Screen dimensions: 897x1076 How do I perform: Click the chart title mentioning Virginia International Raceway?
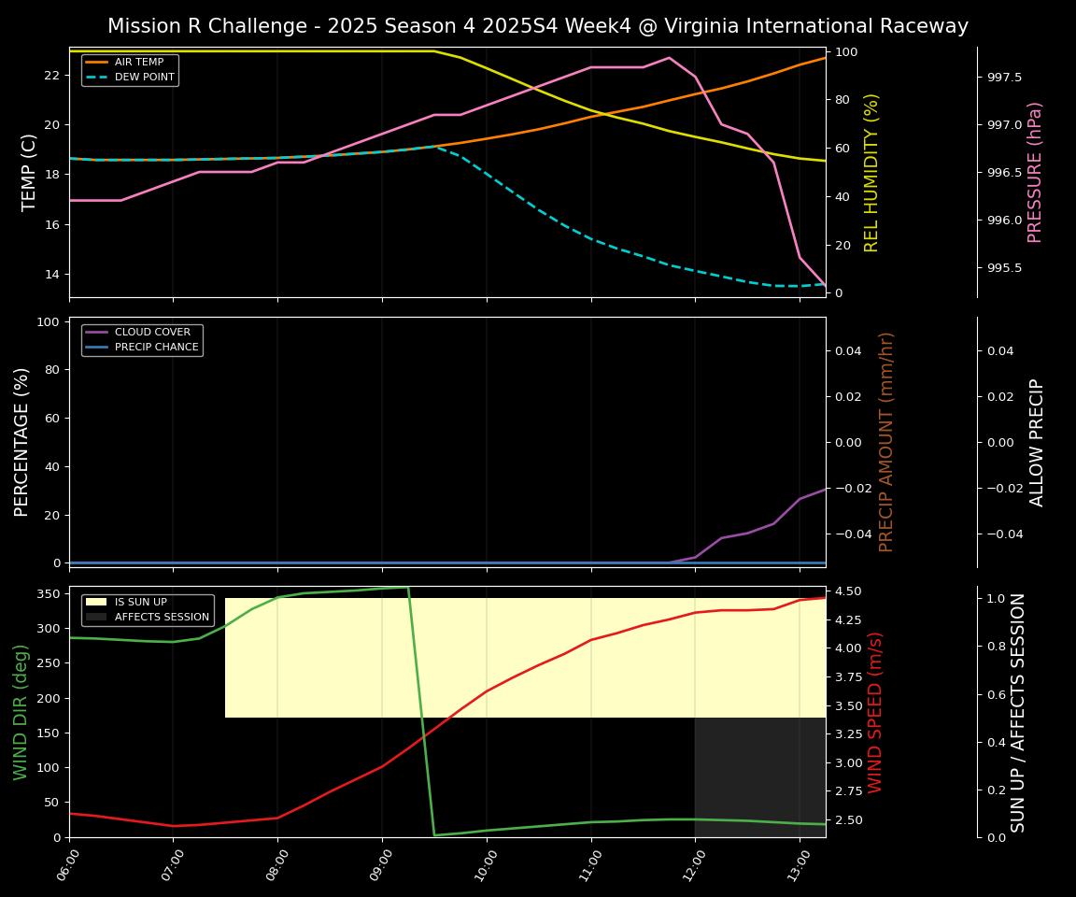[x=538, y=26]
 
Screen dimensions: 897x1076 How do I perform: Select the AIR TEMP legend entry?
[x=138, y=63]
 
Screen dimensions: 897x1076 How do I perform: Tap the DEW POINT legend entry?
[x=144, y=77]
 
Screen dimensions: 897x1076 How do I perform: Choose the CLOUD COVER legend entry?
[x=152, y=333]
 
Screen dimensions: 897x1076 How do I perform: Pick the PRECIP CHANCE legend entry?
[x=156, y=348]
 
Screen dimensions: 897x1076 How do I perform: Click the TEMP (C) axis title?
[x=30, y=172]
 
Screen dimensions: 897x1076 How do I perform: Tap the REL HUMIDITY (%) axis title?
[x=872, y=172]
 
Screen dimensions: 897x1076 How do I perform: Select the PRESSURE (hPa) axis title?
[x=1035, y=172]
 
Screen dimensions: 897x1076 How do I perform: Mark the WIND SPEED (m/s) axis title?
[x=875, y=712]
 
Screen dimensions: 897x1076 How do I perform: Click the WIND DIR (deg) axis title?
[x=21, y=712]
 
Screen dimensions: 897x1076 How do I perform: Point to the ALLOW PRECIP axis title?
[x=1037, y=442]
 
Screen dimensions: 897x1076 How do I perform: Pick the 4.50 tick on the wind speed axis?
[x=847, y=591]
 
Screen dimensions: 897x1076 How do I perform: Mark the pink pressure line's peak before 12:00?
[x=669, y=58]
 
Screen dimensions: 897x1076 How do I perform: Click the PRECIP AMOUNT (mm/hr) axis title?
[x=886, y=442]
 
